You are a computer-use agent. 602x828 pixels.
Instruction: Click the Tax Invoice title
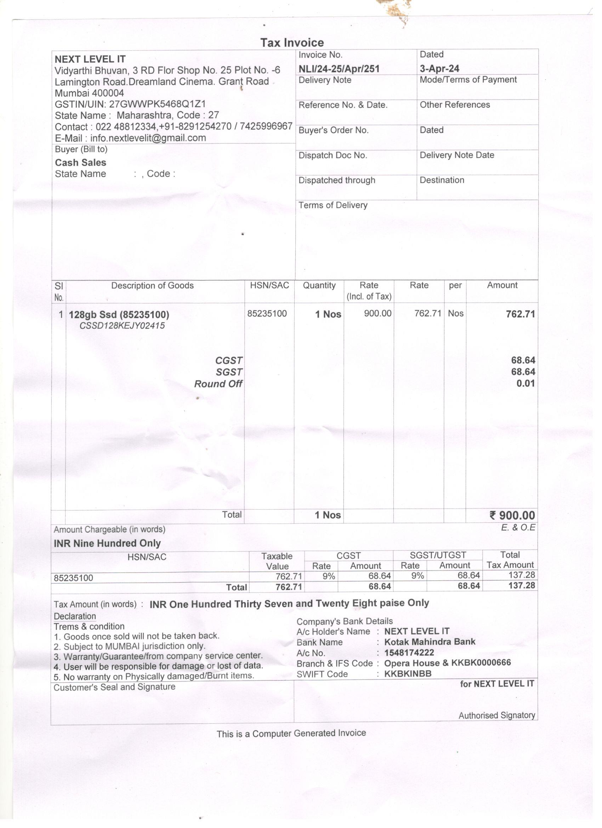click(292, 43)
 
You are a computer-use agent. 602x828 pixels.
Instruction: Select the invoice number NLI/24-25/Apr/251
click(339, 69)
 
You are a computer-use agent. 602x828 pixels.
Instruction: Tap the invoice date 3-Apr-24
click(439, 68)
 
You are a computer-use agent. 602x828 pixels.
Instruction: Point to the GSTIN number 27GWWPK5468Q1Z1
click(157, 104)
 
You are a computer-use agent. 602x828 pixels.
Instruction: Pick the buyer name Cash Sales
click(80, 163)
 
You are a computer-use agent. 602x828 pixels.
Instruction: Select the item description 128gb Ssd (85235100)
click(119, 314)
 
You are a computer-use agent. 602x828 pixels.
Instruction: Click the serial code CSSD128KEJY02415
click(122, 326)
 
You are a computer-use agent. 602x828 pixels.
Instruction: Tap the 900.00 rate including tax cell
click(377, 313)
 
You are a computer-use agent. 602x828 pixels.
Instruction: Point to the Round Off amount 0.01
click(526, 383)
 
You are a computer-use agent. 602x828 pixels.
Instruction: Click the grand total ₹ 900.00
click(512, 516)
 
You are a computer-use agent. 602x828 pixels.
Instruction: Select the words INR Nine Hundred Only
click(107, 543)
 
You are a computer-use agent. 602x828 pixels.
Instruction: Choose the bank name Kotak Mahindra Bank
click(430, 642)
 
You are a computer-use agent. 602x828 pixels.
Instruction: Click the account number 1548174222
click(409, 653)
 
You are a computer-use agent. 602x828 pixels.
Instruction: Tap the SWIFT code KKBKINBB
click(408, 674)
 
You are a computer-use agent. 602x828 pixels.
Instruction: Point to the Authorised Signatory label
click(496, 715)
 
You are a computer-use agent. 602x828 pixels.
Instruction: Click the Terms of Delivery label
click(333, 205)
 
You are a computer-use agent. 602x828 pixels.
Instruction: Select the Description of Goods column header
click(152, 285)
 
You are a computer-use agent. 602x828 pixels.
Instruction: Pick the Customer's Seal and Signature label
click(114, 687)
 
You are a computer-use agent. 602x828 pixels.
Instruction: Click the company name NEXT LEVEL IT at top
click(90, 59)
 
